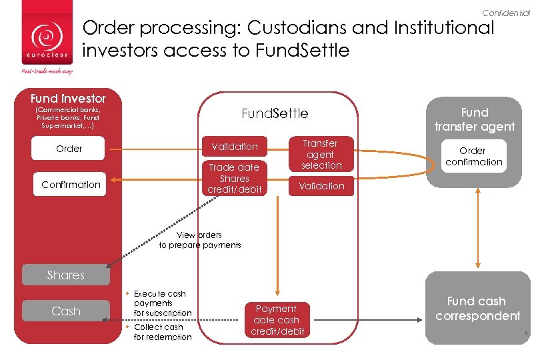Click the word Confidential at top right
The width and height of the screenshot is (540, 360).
pos(506,13)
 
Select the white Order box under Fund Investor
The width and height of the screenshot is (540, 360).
pos(69,149)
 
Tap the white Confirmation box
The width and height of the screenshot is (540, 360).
pos(71,185)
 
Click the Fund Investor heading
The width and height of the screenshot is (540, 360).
pos(68,99)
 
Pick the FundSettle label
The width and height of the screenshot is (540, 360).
pos(275,113)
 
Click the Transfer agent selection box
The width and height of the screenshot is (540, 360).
pos(321,154)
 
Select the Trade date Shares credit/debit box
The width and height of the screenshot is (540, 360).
pos(234,179)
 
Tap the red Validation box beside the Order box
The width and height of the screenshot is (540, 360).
pos(234,147)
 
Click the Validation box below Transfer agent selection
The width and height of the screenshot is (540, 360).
pos(321,186)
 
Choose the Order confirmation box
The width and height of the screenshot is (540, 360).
pos(474,156)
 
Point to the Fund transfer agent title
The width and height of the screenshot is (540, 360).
pos(474,119)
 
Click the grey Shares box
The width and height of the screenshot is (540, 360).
pos(66,275)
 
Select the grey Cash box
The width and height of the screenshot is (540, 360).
pos(66,311)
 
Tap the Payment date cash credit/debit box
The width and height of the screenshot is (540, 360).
pos(277,320)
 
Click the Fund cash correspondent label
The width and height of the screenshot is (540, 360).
pos(477,309)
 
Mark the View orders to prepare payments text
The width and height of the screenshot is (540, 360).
pos(200,240)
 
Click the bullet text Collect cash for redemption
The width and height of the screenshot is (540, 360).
pos(162,332)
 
